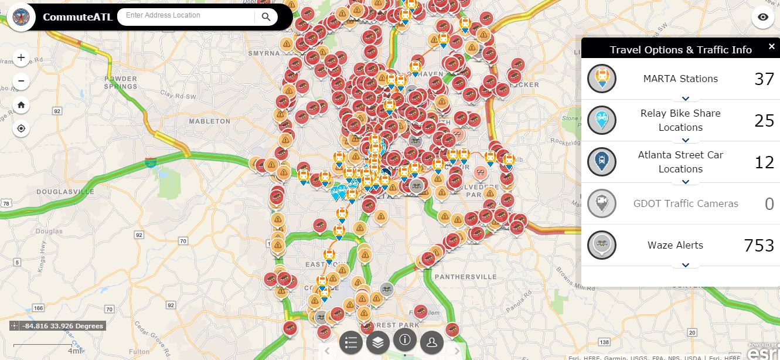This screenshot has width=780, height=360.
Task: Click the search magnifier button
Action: (x=266, y=17)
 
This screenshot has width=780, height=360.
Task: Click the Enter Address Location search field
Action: (x=185, y=16)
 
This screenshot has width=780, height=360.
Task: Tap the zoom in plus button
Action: (x=21, y=57)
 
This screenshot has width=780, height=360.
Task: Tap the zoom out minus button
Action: (x=21, y=81)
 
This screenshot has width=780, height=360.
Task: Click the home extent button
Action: (x=21, y=105)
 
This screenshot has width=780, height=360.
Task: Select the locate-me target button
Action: (x=21, y=128)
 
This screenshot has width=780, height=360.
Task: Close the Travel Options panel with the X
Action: (x=771, y=47)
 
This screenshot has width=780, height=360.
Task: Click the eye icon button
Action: (x=762, y=18)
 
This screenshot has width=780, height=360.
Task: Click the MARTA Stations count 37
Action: (x=764, y=79)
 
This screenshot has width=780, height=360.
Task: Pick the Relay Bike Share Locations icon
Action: (x=601, y=120)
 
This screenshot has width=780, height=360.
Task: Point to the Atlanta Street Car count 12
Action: (x=764, y=162)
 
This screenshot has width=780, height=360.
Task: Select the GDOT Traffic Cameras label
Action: (x=686, y=203)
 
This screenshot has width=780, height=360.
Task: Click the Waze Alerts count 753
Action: (x=759, y=245)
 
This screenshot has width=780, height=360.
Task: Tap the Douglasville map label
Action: (x=65, y=192)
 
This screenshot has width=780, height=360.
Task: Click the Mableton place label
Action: (x=209, y=121)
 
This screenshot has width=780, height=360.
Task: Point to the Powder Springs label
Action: (x=121, y=83)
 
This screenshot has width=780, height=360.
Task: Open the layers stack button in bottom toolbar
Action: (x=378, y=342)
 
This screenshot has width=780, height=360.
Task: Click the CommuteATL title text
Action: (x=77, y=16)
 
